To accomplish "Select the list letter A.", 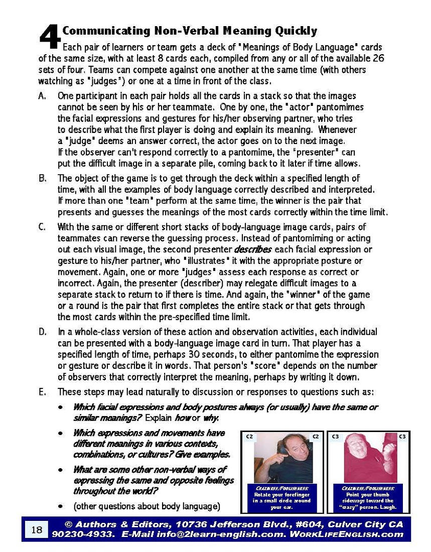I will [x=42, y=96].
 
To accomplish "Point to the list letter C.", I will [x=42, y=227].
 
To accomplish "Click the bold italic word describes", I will [x=253, y=249].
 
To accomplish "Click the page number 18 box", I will [x=36, y=529].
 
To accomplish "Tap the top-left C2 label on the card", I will [x=249, y=437].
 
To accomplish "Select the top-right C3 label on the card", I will [x=402, y=437].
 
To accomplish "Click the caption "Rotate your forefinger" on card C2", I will [x=281, y=494].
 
